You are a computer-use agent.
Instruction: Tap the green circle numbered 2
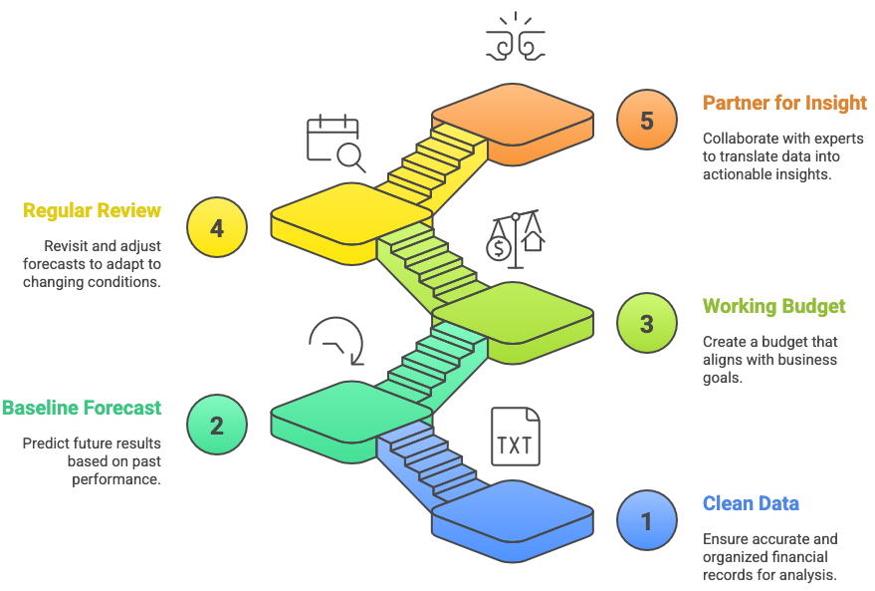pos(217,425)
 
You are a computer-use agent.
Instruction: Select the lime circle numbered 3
pos(647,324)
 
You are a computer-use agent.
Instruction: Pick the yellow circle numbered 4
pos(217,227)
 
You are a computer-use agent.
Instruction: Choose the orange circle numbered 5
pos(647,121)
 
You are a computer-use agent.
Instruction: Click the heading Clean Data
pos(751,503)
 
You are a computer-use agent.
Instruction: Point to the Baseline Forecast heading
pos(81,408)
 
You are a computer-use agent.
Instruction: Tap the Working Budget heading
pos(774,306)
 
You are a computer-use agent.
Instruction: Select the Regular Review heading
pos(92,210)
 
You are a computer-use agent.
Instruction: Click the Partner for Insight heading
pos(784,103)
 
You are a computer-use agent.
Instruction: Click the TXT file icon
pos(515,438)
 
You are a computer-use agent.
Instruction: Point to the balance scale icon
pos(514,238)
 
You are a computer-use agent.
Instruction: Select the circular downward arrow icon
pos(336,341)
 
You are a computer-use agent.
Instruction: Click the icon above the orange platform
pos(514,37)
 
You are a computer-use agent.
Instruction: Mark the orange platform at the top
pos(513,115)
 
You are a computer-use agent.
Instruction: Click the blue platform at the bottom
pos(513,512)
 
